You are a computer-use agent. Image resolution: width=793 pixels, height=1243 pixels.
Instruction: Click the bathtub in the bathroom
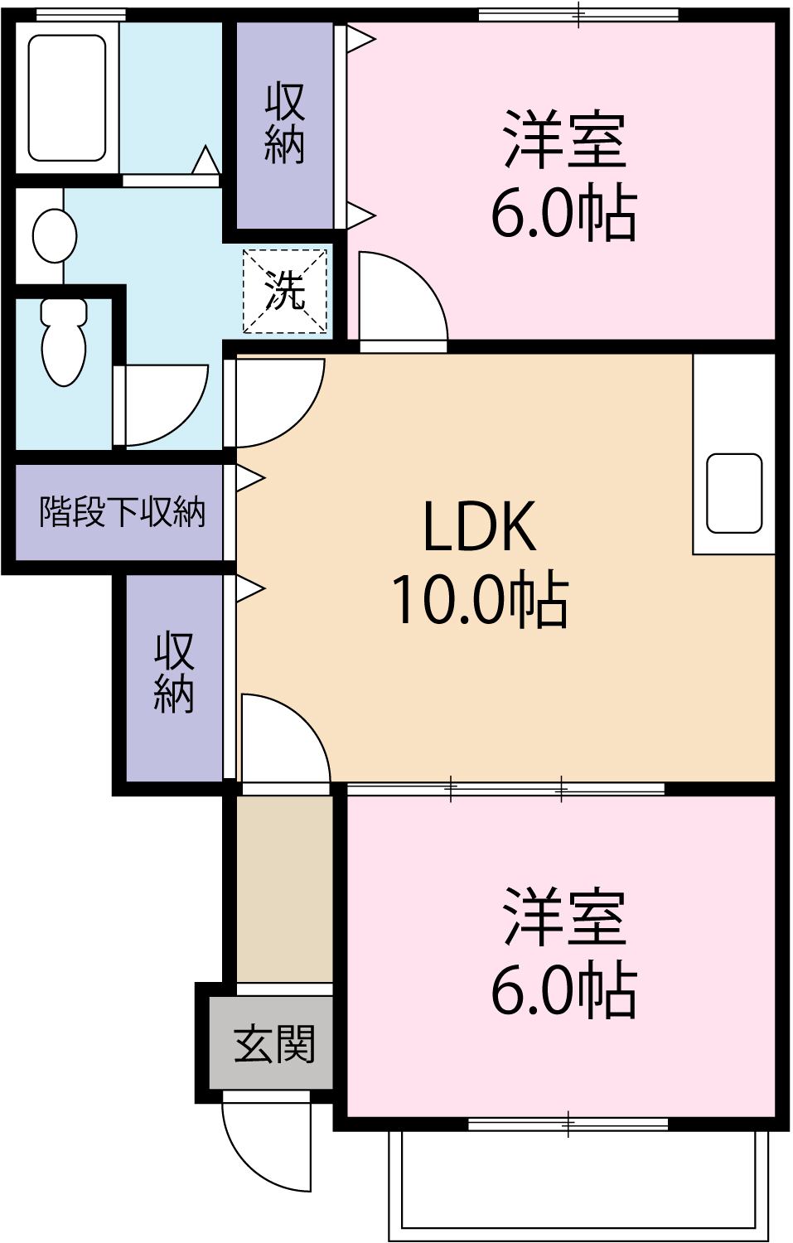coord(67,98)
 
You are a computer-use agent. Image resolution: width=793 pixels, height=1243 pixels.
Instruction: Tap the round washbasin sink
coord(54,235)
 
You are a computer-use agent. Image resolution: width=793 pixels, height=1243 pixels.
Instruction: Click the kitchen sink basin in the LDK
coord(733,493)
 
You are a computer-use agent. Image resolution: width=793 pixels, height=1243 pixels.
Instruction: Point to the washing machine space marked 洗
coord(284,291)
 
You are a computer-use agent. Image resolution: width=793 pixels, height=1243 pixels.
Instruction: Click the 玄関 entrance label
coord(274,1043)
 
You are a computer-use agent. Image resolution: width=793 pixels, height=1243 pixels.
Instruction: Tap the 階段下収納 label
coord(122,511)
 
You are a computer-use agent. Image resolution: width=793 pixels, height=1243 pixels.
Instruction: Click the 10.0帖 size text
coord(479,599)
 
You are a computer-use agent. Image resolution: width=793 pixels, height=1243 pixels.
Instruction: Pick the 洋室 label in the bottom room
coord(563,917)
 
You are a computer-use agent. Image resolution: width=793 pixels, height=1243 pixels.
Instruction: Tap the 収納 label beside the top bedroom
coord(284,124)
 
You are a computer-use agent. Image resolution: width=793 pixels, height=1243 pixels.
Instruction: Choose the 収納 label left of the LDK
coord(174,672)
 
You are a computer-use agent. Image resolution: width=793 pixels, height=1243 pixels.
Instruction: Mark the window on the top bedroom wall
coord(578,14)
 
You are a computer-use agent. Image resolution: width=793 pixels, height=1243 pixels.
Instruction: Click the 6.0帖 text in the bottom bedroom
coord(563,990)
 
